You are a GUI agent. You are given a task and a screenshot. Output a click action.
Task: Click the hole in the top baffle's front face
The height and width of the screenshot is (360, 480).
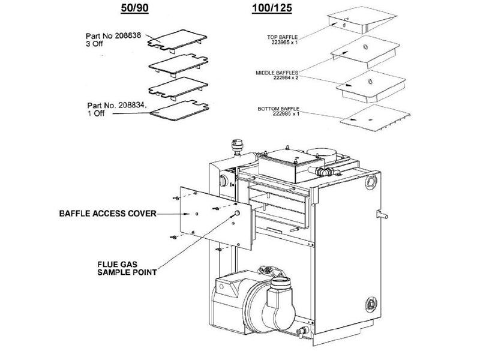tap(346, 25)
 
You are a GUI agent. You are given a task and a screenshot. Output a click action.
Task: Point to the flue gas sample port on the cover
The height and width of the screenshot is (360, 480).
tap(238, 214)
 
